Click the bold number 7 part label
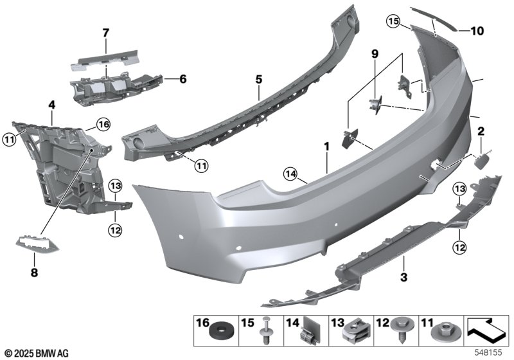[105, 33]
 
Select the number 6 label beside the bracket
[183, 78]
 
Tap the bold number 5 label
[259, 79]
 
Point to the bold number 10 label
[477, 31]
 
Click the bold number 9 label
[375, 53]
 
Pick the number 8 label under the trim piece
[34, 272]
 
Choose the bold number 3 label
[404, 277]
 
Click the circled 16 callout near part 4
[103, 125]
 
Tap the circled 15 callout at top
[393, 22]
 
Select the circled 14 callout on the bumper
[291, 174]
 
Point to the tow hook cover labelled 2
[483, 161]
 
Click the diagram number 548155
[488, 352]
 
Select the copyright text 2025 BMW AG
[37, 354]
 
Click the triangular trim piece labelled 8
[38, 244]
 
